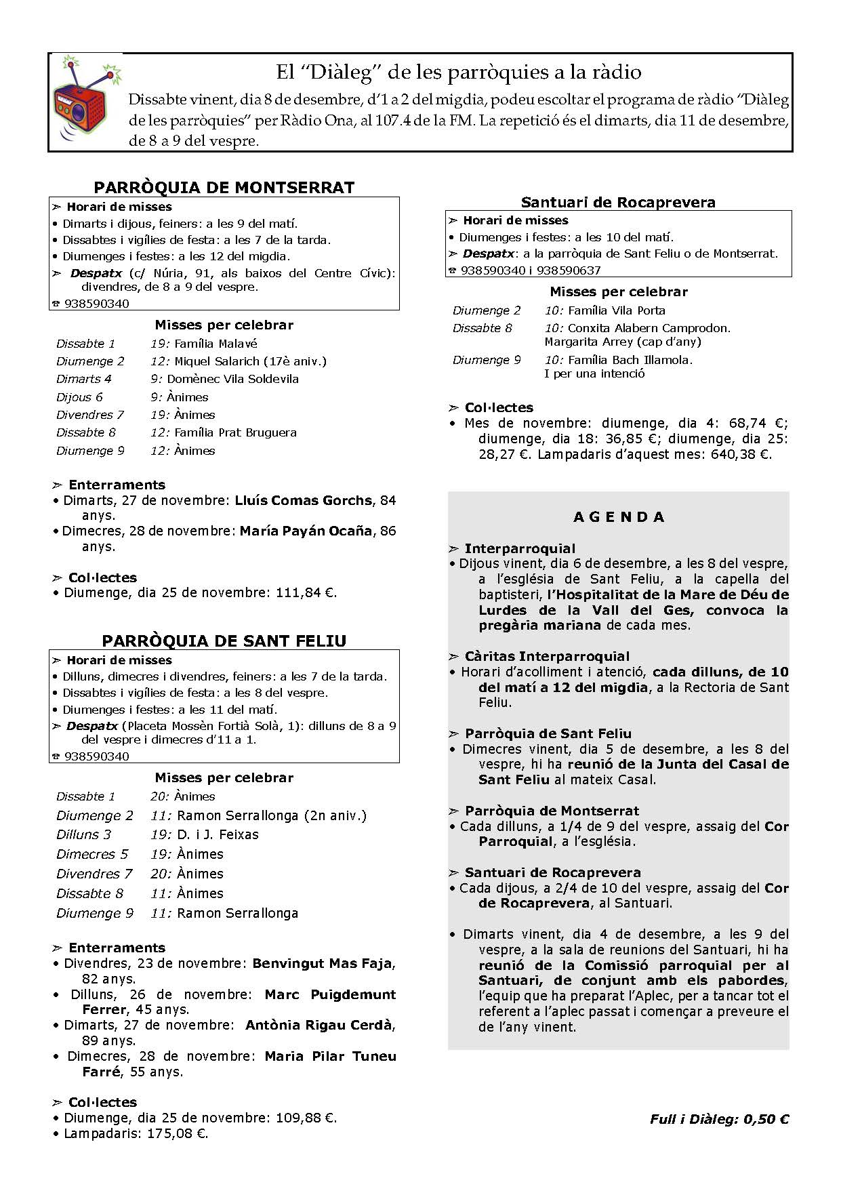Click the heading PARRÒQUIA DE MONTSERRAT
(x=224, y=188)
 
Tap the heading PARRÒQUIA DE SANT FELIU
(x=224, y=641)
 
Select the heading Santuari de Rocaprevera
(x=618, y=202)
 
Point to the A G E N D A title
(x=619, y=517)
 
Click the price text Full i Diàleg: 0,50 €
(x=719, y=1119)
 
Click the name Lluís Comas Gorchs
(x=303, y=501)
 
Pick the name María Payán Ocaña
(x=306, y=531)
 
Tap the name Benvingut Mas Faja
(x=321, y=963)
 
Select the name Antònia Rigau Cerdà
(x=319, y=1026)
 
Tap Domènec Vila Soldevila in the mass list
(x=232, y=379)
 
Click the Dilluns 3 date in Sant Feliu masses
(x=83, y=834)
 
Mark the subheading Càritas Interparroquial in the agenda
(x=547, y=656)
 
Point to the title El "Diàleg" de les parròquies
(x=458, y=72)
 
